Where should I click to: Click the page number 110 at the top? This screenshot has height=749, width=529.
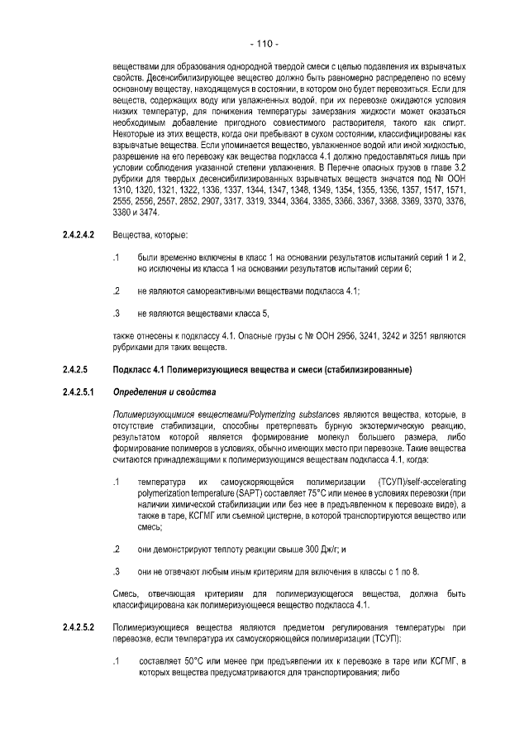click(x=264, y=43)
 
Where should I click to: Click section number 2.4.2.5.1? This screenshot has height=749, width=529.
click(x=77, y=391)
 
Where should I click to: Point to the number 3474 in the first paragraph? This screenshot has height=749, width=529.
click(x=153, y=213)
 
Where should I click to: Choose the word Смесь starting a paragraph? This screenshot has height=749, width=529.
click(x=126, y=595)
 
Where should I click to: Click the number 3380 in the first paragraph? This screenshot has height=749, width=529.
click(x=123, y=213)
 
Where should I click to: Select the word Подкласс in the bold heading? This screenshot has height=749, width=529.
click(x=132, y=368)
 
